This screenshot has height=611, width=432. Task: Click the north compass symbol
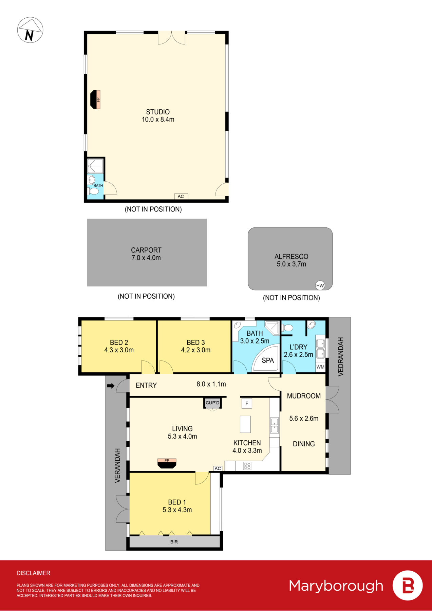30,30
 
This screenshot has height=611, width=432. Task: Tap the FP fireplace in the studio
95,99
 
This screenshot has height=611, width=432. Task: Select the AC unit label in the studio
181,196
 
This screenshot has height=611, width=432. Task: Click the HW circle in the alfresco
320,285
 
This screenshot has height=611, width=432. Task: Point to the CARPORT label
146,250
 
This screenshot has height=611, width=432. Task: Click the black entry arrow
111,386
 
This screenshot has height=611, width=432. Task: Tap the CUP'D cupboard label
213,403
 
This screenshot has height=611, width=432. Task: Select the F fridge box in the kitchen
247,403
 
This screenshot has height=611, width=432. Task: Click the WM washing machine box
320,367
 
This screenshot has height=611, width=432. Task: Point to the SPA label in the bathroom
268,360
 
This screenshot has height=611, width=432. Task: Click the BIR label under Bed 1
174,542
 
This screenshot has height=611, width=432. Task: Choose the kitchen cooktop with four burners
247,466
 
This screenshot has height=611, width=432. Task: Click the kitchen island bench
245,424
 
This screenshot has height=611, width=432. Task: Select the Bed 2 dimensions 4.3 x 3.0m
119,350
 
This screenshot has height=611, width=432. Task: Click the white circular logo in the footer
408,586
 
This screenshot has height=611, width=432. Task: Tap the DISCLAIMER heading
33,573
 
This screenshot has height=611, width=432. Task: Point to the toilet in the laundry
287,328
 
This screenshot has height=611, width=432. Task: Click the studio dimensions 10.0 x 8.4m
158,119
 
